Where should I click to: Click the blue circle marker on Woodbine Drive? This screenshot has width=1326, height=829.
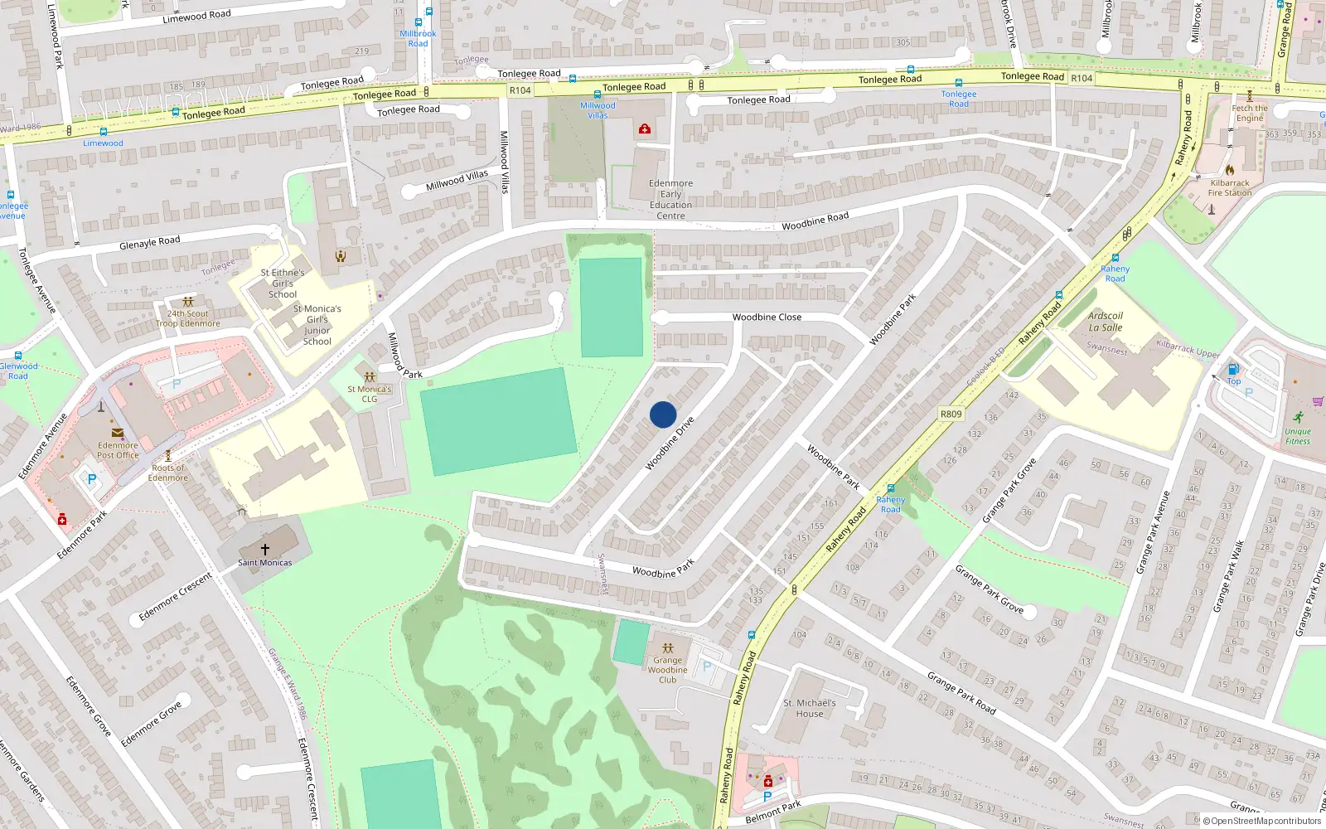663,414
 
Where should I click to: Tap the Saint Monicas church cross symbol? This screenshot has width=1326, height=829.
265,549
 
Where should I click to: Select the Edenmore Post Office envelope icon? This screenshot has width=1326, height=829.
118,433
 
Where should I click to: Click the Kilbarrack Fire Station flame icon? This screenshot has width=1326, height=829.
1230,170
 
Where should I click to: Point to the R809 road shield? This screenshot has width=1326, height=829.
951,414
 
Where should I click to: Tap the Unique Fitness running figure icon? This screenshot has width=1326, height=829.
1298,417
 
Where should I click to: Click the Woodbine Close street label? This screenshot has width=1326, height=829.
767,317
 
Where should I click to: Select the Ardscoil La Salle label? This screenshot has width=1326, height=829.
1105,322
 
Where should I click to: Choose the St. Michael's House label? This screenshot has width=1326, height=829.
810,708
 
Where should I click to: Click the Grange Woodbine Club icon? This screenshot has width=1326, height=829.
667,647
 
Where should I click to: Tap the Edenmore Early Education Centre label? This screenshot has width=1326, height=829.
670,200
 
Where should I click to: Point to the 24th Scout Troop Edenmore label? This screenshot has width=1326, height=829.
188,318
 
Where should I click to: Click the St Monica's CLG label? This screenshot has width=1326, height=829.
369,394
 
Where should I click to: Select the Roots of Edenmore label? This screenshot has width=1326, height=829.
168,473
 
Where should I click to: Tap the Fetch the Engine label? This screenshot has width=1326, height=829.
1250,113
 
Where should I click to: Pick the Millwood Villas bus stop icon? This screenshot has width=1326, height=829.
598,95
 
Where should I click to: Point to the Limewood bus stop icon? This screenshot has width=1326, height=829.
103,132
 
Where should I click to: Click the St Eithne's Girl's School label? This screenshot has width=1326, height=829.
282,283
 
